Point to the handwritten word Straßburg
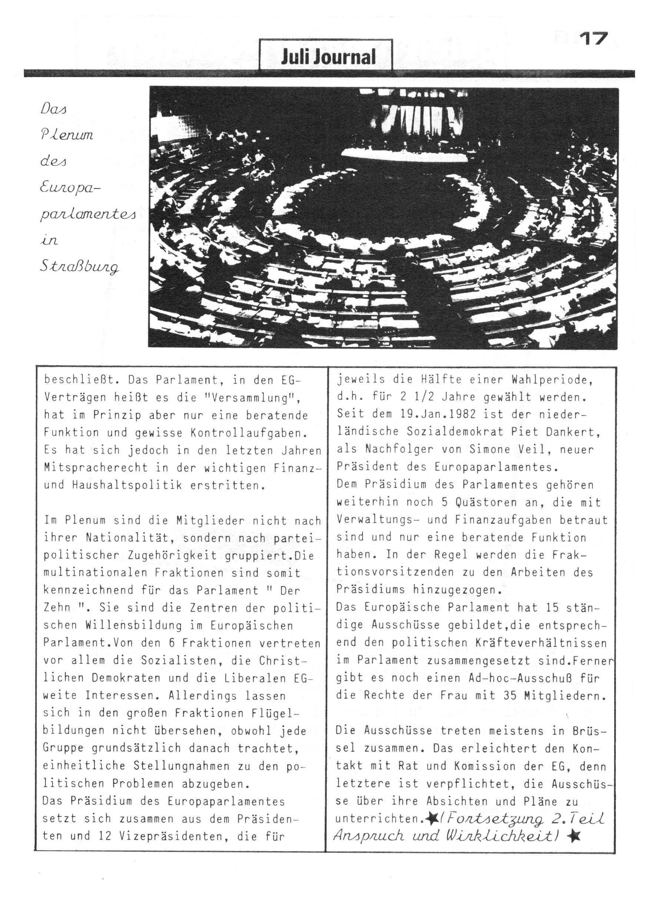point(79,267)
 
